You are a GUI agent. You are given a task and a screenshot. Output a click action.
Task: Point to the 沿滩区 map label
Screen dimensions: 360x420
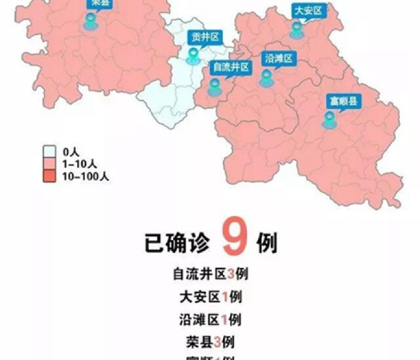(x=278, y=58)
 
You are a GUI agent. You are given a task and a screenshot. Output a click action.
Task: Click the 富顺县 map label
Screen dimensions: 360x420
(x=343, y=101)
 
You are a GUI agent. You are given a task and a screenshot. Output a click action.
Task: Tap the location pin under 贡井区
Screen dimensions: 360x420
(x=193, y=57)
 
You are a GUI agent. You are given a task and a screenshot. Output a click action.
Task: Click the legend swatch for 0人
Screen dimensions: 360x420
(x=50, y=152)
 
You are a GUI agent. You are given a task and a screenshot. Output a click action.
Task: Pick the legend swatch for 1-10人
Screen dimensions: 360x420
(x=50, y=164)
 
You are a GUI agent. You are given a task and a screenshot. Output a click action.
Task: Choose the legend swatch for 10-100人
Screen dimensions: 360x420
(x=50, y=176)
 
